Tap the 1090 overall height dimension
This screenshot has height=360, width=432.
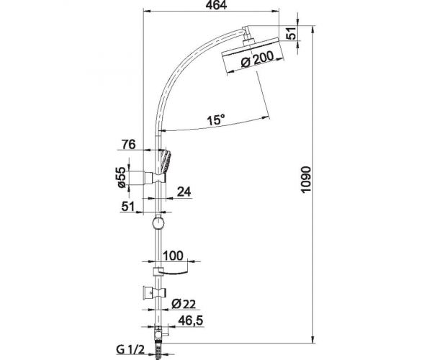pyautogui.click(x=307, y=180)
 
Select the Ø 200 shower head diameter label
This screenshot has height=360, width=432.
pyautogui.click(x=258, y=59)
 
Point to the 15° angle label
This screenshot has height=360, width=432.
pyautogui.click(x=216, y=120)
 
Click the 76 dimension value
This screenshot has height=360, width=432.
pyautogui.click(x=129, y=144)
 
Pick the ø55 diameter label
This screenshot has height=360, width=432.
pyautogui.click(x=122, y=177)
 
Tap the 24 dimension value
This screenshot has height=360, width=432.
pyautogui.click(x=184, y=192)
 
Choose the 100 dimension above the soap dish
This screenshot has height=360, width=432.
pyautogui.click(x=173, y=256)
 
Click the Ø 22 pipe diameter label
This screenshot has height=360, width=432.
pyautogui.click(x=184, y=304)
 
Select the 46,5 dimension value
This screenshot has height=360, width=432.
pyautogui.click(x=191, y=320)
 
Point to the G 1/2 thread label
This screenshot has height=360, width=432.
pyautogui.click(x=130, y=350)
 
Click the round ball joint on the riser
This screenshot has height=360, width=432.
pyautogui.click(x=158, y=223)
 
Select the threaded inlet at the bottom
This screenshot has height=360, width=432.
pyautogui.click(x=158, y=351)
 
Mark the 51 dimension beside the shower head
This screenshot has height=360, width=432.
pyautogui.click(x=292, y=33)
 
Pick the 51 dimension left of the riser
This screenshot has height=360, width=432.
pyautogui.click(x=128, y=207)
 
